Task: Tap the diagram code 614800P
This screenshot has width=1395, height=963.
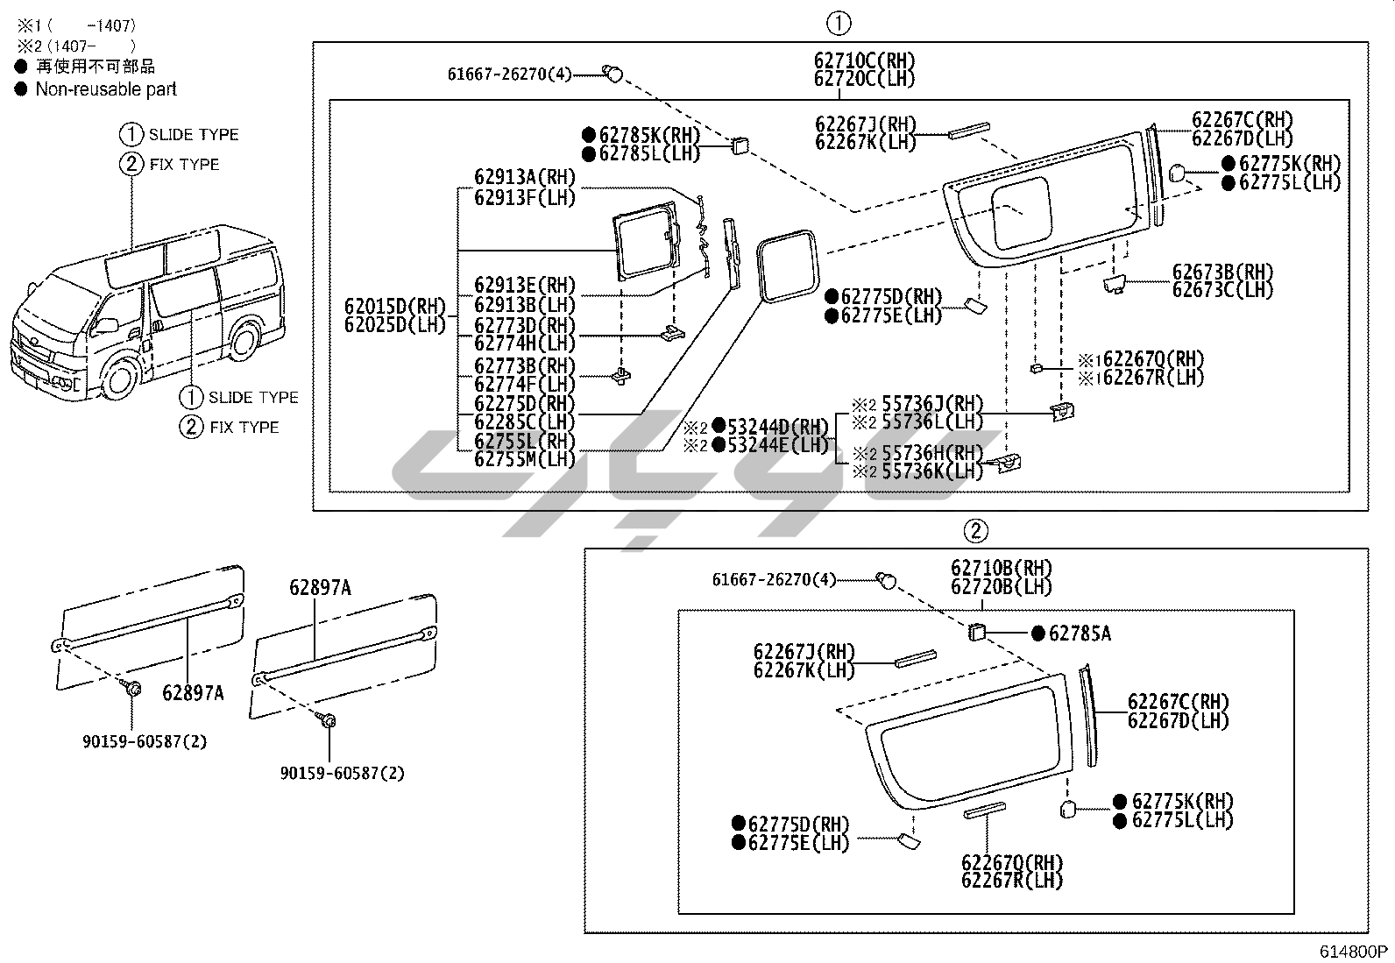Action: pos(1355,952)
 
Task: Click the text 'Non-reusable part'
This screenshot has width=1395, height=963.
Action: pos(106,89)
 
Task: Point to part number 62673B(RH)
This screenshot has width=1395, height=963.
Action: pos(1222,272)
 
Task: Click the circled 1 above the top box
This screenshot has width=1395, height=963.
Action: pos(839,24)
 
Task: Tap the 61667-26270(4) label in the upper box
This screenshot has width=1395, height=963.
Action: pos(509,74)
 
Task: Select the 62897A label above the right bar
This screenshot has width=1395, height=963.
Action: pos(320,588)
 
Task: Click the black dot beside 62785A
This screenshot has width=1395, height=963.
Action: pos(1037,634)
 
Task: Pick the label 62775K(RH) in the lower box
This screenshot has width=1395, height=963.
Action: pos(1182,801)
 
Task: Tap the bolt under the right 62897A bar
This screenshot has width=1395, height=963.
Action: pos(329,719)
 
